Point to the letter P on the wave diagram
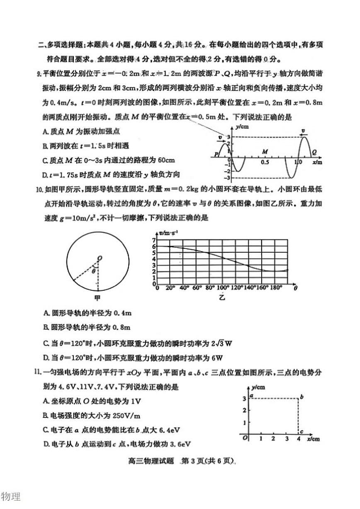[216, 154]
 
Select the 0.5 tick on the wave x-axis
[264, 163]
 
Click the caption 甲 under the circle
[98, 297]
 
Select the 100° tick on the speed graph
[223, 288]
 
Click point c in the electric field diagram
[302, 432]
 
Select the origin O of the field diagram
[245, 438]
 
